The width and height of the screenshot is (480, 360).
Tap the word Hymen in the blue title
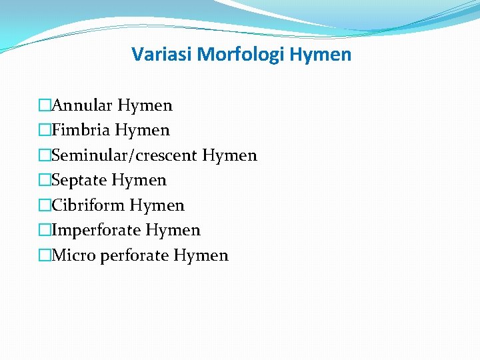tap(321, 55)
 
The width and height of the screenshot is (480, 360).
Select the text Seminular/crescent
tap(125, 155)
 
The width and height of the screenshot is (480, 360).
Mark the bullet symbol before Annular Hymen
tap(45, 105)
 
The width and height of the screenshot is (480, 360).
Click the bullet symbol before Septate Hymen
tap(45, 180)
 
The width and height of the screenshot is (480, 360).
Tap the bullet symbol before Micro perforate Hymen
tap(45, 255)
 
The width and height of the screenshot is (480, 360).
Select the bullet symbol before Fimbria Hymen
tap(45, 130)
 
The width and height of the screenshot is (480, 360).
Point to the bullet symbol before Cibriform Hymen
tap(45, 205)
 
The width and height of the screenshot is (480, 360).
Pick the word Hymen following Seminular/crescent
tap(229, 156)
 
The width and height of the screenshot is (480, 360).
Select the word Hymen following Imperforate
tap(173, 231)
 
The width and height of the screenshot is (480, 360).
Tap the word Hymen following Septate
tap(139, 181)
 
